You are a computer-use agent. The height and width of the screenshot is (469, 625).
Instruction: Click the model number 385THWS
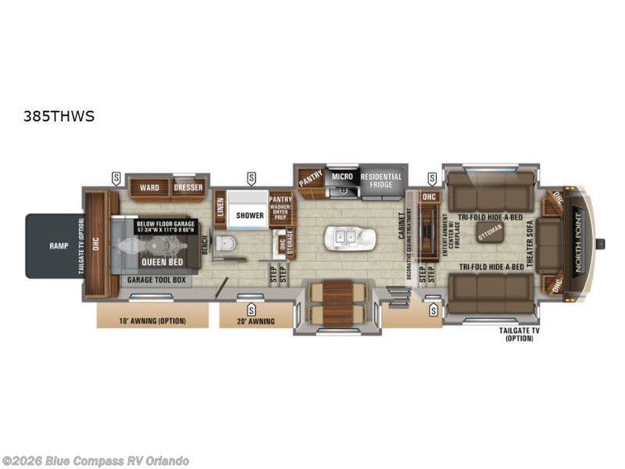click(x=59, y=116)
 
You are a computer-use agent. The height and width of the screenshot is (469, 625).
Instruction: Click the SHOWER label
click(x=251, y=216)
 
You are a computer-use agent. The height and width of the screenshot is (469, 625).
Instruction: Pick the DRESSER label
click(x=188, y=188)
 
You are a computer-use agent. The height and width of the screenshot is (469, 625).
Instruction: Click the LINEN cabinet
click(x=220, y=209)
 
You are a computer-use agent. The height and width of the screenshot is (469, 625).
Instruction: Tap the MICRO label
click(x=342, y=177)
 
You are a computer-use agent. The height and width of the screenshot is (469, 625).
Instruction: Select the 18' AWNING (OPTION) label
click(x=153, y=320)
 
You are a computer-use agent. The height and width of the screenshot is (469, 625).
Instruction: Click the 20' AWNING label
click(x=252, y=320)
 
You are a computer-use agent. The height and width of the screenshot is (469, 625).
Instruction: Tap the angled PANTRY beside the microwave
click(x=309, y=180)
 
